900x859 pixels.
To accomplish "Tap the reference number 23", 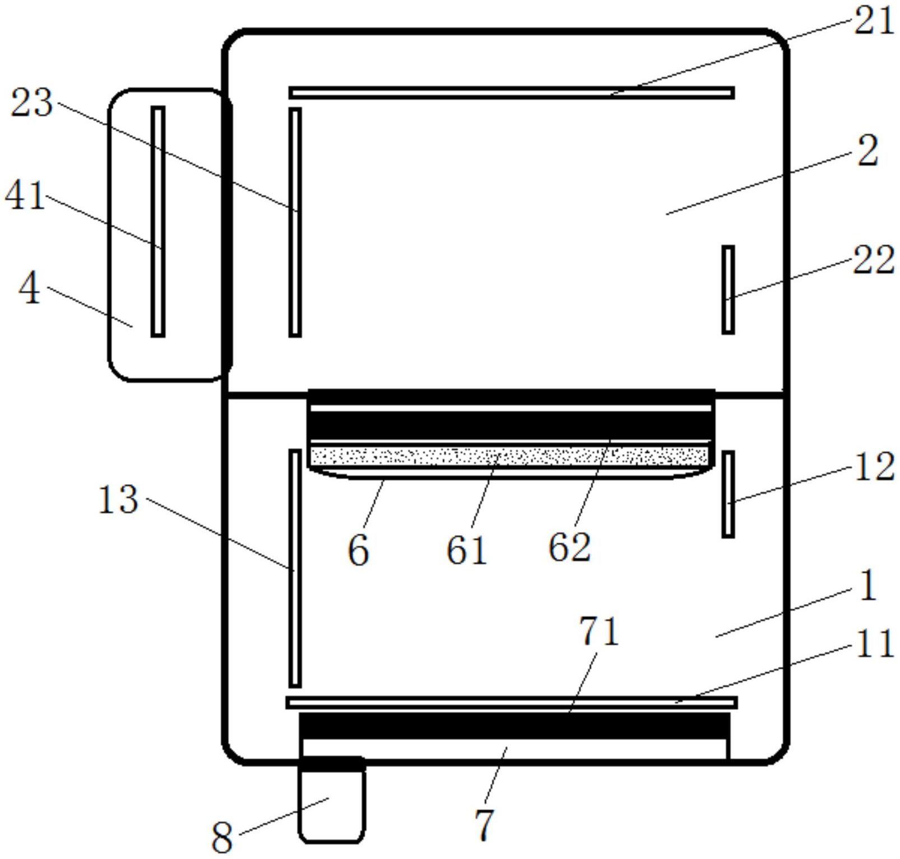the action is [x=32, y=103].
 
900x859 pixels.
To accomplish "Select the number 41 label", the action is [x=25, y=196].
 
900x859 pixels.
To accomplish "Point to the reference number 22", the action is [x=873, y=261].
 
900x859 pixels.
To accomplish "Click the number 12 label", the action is [x=874, y=467].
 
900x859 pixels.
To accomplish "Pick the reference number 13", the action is [x=118, y=500].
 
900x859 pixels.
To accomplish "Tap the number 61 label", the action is [x=466, y=550].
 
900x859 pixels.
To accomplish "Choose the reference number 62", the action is [x=569, y=547].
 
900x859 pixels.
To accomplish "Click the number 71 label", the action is [x=599, y=632].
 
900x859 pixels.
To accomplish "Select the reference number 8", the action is [x=222, y=838].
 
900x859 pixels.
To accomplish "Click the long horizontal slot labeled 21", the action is [x=511, y=92].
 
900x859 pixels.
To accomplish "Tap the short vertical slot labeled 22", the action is [x=727, y=289].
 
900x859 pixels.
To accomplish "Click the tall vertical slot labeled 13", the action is [x=295, y=568].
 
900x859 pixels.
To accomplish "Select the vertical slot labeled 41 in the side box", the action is [x=158, y=221].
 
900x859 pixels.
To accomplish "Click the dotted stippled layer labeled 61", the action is [x=509, y=456].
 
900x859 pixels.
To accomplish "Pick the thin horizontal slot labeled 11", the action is [x=511, y=702].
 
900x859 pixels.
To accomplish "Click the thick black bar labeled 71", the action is [x=514, y=726].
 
